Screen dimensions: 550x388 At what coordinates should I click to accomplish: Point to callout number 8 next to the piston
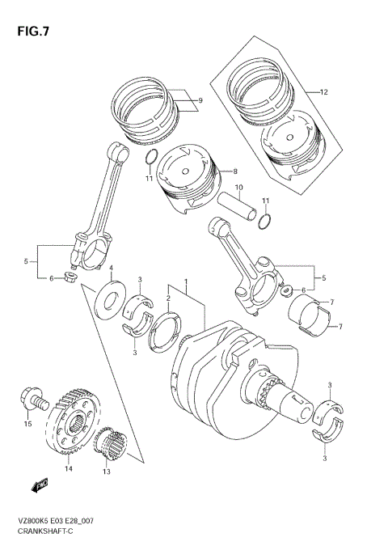(x=234, y=171)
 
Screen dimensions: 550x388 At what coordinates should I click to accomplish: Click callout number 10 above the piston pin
(x=238, y=189)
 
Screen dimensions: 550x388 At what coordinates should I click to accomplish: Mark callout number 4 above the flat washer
(x=111, y=269)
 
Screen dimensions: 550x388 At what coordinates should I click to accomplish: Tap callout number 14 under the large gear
(x=69, y=468)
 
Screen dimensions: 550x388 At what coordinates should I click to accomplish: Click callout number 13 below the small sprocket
(x=106, y=471)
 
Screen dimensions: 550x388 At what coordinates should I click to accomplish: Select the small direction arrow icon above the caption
(x=40, y=485)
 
